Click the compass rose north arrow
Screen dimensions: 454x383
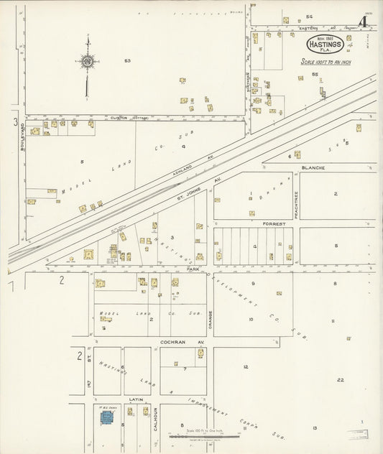(x=87, y=62)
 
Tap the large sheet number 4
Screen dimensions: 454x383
(x=364, y=22)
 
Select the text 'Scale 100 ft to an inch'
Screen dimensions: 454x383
(x=325, y=61)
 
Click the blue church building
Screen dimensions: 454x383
(x=106, y=416)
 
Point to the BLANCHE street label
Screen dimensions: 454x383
(x=313, y=167)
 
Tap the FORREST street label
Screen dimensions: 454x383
(x=274, y=223)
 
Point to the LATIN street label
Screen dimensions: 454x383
(x=136, y=399)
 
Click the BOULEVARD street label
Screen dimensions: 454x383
(x=22, y=136)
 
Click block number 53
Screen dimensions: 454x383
(x=127, y=61)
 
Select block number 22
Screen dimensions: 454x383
(x=340, y=380)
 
